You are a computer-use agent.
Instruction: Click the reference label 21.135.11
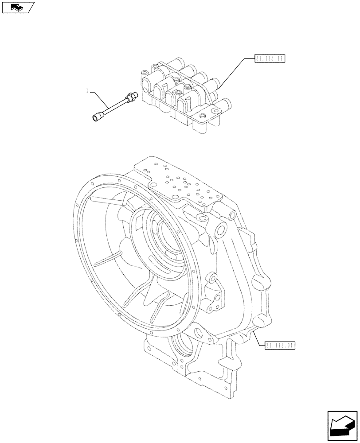(270, 58)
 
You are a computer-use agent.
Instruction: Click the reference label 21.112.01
(280, 345)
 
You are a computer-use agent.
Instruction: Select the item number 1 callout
(88, 91)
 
